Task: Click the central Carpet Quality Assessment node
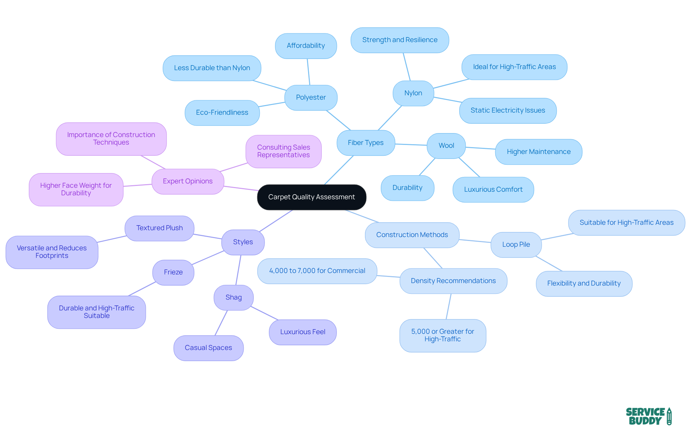pyautogui.click(x=312, y=197)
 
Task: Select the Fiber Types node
pyautogui.click(x=366, y=143)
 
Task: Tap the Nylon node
pyautogui.click(x=413, y=93)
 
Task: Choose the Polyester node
pyautogui.click(x=311, y=97)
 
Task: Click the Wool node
pyautogui.click(x=446, y=146)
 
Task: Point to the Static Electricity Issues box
pyautogui.click(x=508, y=110)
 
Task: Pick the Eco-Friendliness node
pyautogui.click(x=222, y=113)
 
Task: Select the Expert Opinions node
pyautogui.click(x=188, y=181)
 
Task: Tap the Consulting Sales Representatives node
pyautogui.click(x=284, y=151)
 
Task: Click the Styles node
pyautogui.click(x=243, y=242)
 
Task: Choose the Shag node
pyautogui.click(x=234, y=297)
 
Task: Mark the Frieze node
pyautogui.click(x=173, y=272)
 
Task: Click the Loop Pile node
pyautogui.click(x=516, y=245)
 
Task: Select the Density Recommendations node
pyautogui.click(x=453, y=281)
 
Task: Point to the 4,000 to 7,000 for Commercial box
pyautogui.click(x=317, y=271)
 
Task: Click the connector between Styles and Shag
pyautogui.click(x=238, y=270)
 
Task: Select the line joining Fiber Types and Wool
pyautogui.click(x=411, y=145)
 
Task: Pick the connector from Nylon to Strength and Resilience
pyautogui.click(x=407, y=67)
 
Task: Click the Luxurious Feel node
pyautogui.click(x=303, y=332)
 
